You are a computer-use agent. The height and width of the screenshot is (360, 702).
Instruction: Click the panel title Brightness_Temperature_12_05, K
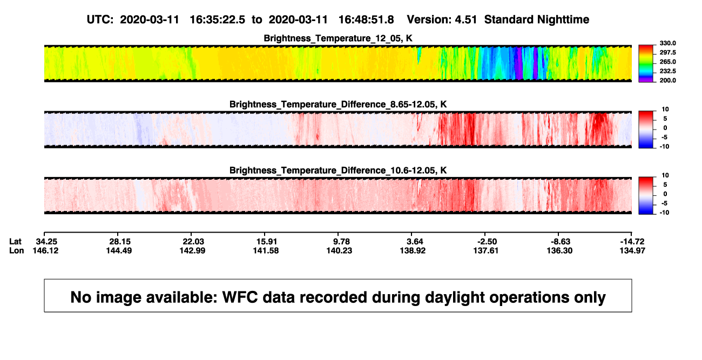pos(338,38)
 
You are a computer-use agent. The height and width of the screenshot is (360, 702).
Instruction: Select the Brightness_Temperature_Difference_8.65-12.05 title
pos(338,104)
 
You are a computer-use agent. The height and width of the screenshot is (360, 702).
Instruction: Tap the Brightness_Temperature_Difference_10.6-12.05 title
pos(338,171)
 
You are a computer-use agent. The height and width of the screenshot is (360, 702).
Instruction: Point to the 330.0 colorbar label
pos(667,43)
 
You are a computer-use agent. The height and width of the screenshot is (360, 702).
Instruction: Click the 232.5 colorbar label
pos(667,71)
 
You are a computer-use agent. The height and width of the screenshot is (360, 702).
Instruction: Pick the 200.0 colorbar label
pos(667,80)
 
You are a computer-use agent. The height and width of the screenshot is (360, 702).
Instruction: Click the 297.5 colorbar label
pos(667,53)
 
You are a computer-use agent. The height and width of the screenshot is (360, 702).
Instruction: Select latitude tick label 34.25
pos(46,242)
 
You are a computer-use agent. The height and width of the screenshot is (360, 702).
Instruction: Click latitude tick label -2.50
pos(487,242)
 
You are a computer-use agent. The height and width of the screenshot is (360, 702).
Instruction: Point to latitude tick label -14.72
pos(632,242)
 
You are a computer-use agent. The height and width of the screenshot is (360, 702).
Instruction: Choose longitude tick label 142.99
pos(192,250)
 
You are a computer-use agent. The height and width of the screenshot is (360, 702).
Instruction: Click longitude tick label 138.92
pos(413,250)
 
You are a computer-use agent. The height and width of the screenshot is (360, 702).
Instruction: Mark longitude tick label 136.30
pos(559,250)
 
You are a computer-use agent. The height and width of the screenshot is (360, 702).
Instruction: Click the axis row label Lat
pos(15,242)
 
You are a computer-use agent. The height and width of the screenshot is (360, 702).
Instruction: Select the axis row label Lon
pos(16,250)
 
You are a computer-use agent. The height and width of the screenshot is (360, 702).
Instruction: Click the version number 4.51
pos(465,20)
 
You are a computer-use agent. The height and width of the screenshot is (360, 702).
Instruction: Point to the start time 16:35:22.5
pos(218,20)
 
